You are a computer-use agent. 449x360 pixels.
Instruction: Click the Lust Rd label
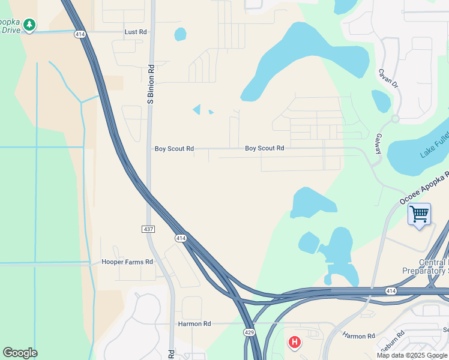pos(135,32)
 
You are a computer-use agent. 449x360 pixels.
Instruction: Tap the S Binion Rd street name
pos(151,84)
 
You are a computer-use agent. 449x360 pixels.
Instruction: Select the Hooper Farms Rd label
pos(127,262)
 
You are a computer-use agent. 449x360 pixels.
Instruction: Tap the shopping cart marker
pos(419,214)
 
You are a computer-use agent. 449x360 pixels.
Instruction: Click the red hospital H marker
pos(294,342)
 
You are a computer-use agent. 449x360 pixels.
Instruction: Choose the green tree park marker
pos(29,25)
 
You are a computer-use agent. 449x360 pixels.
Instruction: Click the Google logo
pos(20,353)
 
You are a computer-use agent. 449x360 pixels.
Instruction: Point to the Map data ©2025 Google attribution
pos(412,355)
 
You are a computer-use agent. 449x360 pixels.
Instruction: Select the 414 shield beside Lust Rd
pos(80,35)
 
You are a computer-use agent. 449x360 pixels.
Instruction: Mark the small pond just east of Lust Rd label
pos(180,34)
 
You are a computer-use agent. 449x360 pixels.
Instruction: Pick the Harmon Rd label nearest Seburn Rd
pos(358,336)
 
